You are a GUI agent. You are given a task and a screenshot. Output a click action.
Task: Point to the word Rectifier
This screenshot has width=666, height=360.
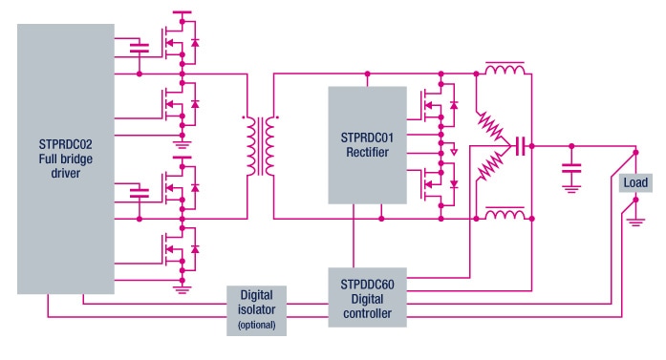[x=366, y=151]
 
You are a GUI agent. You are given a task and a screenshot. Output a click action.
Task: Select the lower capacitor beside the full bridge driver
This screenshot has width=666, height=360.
[x=140, y=192]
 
